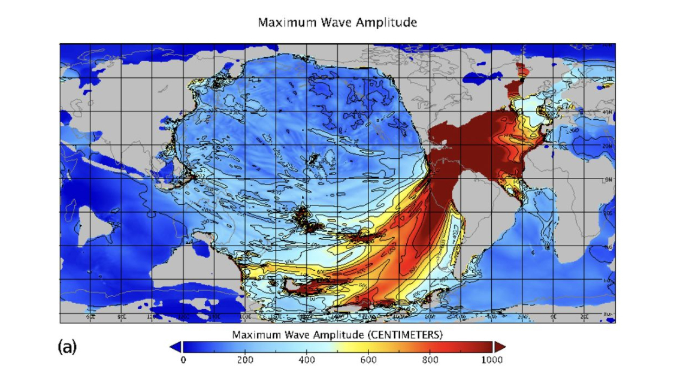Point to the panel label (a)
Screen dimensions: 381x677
point(67,346)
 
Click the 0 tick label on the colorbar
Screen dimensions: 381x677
point(183,360)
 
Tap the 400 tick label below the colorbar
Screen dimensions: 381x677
point(307,360)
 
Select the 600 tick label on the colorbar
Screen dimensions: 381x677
point(368,360)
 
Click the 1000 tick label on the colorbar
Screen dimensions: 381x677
point(492,360)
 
